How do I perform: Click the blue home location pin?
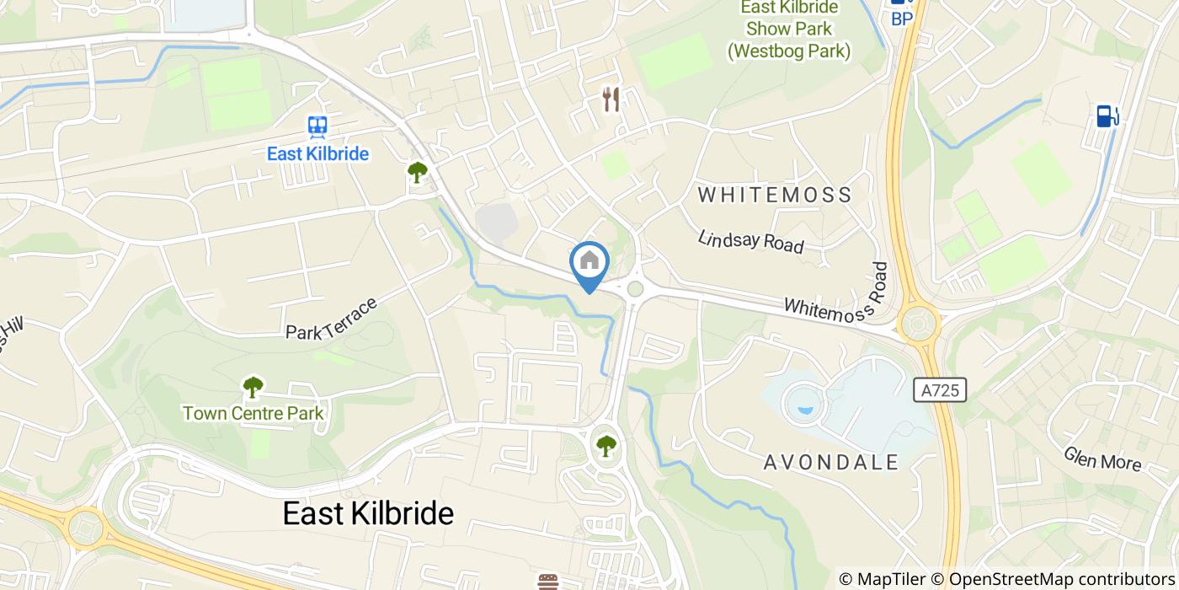tap(589, 263)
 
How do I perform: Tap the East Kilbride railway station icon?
tap(317, 127)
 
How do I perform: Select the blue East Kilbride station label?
tap(317, 154)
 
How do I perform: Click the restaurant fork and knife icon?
tap(611, 99)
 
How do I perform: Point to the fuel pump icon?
tap(1107, 116)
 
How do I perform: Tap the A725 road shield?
tap(939, 389)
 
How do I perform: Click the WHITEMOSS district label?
tap(775, 196)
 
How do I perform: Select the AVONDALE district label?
tap(831, 462)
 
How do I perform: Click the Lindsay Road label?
tap(750, 241)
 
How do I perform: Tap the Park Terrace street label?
tap(331, 319)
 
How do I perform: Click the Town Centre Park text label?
tap(253, 413)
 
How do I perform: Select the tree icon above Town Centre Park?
tap(253, 388)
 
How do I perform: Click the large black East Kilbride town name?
tap(368, 513)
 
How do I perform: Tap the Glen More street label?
tap(1102, 459)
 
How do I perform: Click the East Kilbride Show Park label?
tap(789, 29)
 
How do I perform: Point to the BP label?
tap(902, 19)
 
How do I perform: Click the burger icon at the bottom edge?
tap(549, 582)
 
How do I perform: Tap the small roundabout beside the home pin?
tap(635, 289)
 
